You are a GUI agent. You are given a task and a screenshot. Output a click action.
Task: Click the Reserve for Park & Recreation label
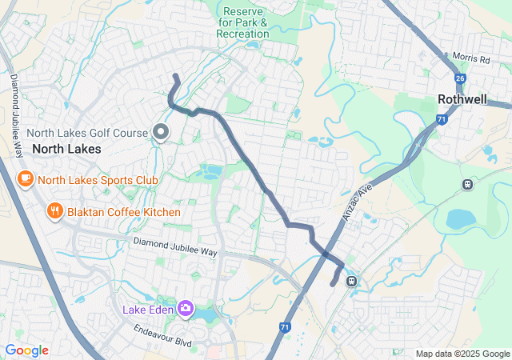point(243,22)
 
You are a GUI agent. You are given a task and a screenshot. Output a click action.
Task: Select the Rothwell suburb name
point(462,99)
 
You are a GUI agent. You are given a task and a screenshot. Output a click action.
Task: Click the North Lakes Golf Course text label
point(88,133)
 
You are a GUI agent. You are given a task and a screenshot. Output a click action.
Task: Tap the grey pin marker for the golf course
point(160,133)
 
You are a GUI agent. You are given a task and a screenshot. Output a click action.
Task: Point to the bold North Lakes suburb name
point(66,149)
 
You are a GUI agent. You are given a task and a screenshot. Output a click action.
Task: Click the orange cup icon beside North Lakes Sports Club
point(25,178)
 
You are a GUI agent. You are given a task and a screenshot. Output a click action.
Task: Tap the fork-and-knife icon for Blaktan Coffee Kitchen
point(54,211)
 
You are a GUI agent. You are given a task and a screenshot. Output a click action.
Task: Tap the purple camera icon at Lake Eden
point(186,308)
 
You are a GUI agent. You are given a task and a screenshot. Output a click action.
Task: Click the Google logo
point(26,350)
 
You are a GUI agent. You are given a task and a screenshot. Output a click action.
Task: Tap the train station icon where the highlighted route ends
point(350,281)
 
